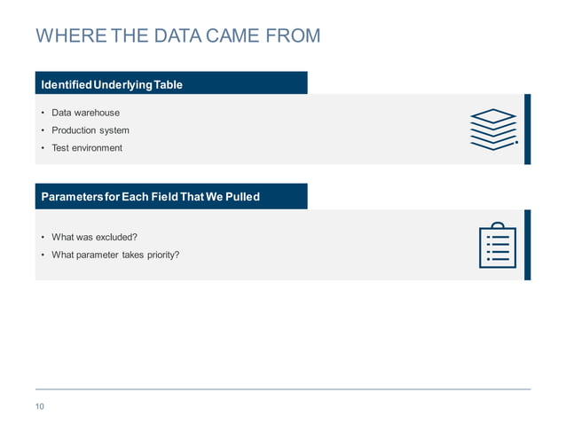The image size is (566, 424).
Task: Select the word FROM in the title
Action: [x=289, y=36]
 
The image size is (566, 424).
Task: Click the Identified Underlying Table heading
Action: [x=112, y=85]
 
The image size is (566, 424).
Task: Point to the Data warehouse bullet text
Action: [x=85, y=113]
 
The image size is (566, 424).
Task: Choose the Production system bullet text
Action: [x=90, y=130]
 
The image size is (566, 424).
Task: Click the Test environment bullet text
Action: [x=87, y=148]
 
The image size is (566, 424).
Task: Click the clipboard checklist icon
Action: [x=497, y=245]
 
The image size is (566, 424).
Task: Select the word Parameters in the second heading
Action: [x=71, y=196]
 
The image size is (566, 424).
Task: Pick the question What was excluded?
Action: [x=94, y=237]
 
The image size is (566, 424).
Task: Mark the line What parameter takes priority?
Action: [x=115, y=255]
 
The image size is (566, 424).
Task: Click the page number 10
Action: [x=40, y=406]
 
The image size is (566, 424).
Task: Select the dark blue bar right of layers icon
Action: [x=527, y=129]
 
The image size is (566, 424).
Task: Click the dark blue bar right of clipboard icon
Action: [x=527, y=245]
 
